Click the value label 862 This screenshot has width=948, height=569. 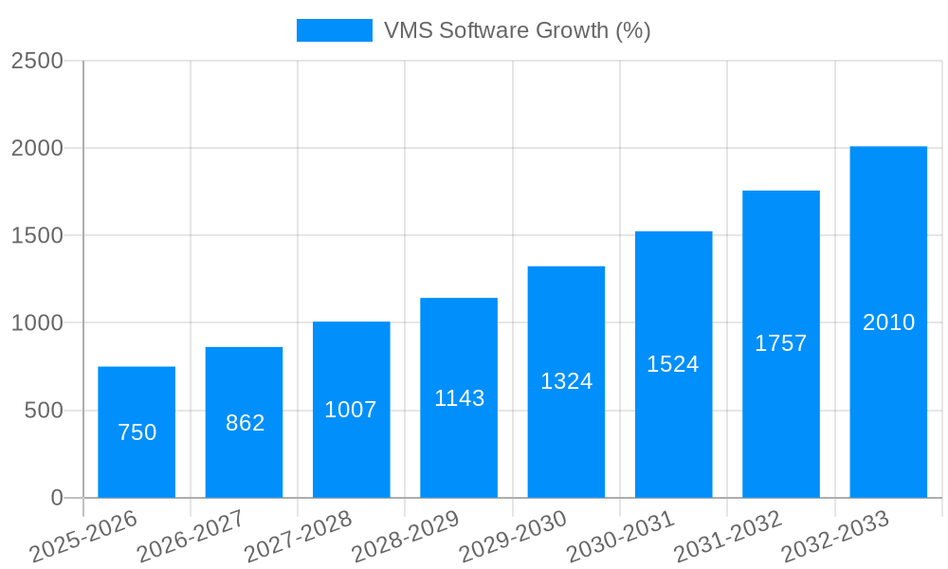click(x=245, y=423)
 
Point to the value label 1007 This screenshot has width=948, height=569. click(x=351, y=410)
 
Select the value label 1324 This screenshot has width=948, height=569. click(x=566, y=381)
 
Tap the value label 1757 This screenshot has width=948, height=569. click(x=780, y=343)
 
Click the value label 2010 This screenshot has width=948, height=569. click(x=888, y=322)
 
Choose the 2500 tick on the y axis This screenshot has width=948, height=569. click(x=37, y=62)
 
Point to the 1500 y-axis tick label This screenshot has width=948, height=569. click(x=37, y=236)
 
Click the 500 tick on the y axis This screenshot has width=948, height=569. click(x=44, y=411)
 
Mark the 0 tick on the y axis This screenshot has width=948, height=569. click(x=56, y=498)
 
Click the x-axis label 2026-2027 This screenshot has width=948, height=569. click(x=191, y=537)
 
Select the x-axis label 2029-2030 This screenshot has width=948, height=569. click(x=513, y=537)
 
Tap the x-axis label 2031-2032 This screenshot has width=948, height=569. click(x=727, y=537)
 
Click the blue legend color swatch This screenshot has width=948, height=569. click(x=334, y=30)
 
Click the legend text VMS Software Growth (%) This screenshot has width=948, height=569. click(x=517, y=30)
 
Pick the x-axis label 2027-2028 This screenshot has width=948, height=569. click(x=298, y=537)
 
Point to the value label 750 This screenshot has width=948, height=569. click(x=137, y=432)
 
